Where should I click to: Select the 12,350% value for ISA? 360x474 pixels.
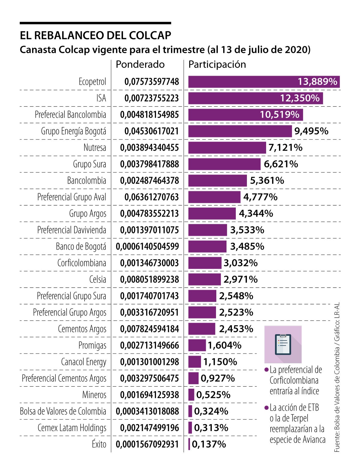pyautogui.click(x=300, y=98)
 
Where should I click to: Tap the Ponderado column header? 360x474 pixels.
pyautogui.click(x=140, y=64)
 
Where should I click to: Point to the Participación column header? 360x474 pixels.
pyautogui.click(x=217, y=64)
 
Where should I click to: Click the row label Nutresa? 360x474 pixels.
pyautogui.click(x=95, y=148)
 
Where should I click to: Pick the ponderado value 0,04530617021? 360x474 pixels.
pyautogui.click(x=151, y=131)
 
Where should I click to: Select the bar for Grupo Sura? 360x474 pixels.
pyautogui.click(x=224, y=164)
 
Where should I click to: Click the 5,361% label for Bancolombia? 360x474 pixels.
pyautogui.click(x=267, y=180)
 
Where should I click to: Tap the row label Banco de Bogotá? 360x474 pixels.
pyautogui.click(x=81, y=246)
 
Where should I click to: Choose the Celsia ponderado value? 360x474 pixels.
pyautogui.click(x=149, y=279)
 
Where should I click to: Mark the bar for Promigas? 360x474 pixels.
pyautogui.click(x=197, y=345)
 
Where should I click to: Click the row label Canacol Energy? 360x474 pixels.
pyautogui.click(x=83, y=362)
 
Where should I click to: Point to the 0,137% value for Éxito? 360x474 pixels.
pyautogui.click(x=209, y=444)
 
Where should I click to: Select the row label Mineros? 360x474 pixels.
pyautogui.click(x=94, y=395)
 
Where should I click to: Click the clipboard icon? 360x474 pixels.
pyautogui.click(x=283, y=344)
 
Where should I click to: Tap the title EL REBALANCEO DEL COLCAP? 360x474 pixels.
pyautogui.click(x=95, y=35)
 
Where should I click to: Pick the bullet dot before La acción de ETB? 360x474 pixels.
pyautogui.click(x=266, y=408)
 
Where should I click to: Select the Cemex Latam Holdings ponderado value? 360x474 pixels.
pyautogui.click(x=149, y=428)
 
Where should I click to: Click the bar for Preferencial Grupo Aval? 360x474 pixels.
pyautogui.click(x=214, y=197)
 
